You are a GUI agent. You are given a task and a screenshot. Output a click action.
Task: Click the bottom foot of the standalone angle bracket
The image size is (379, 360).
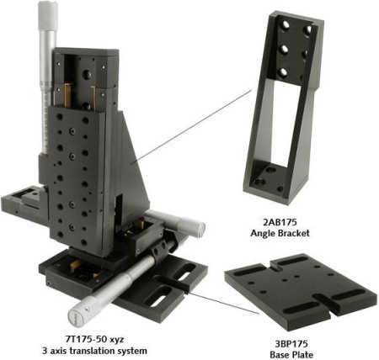tap(270, 183)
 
